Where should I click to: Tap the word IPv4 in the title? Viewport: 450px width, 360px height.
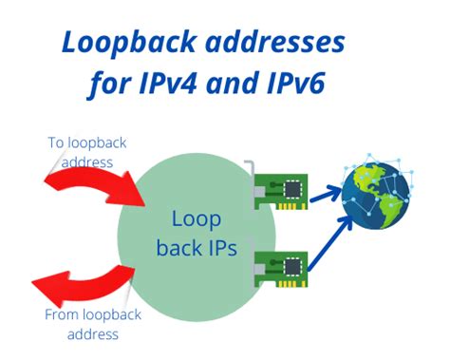point(173,85)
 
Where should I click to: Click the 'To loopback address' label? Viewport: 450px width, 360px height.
point(86,151)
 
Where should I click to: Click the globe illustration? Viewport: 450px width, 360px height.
point(376,195)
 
